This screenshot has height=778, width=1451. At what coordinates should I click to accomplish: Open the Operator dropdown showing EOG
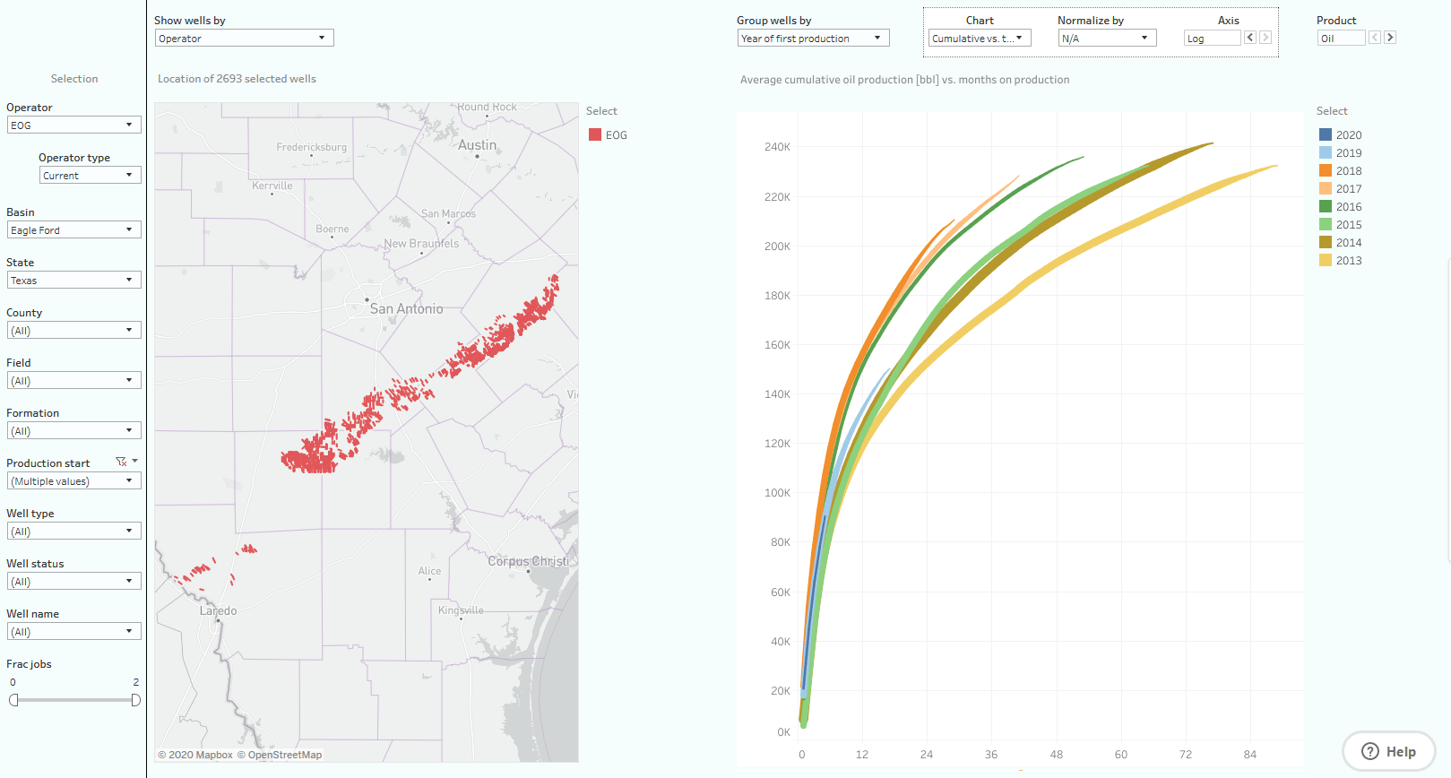tap(73, 125)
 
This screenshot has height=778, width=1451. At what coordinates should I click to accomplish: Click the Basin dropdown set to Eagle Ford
tap(73, 230)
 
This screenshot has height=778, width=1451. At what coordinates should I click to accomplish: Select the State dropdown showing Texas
tap(73, 281)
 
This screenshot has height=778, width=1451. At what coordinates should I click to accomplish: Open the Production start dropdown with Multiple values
tap(73, 481)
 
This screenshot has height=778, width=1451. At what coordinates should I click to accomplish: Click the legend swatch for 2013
tap(1325, 261)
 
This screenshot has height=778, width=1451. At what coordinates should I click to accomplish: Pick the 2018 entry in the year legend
tap(1348, 171)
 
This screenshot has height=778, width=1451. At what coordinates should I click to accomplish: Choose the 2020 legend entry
tap(1348, 135)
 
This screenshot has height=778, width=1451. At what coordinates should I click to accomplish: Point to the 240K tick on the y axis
tap(777, 147)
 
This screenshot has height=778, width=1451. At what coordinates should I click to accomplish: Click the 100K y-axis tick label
tap(777, 493)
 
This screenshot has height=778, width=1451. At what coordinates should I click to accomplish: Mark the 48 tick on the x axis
tap(1057, 755)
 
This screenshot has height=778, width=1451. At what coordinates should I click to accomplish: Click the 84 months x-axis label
tap(1250, 755)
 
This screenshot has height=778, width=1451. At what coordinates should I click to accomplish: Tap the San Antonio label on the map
tap(406, 309)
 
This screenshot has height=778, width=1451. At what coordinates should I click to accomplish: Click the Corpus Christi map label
tap(528, 562)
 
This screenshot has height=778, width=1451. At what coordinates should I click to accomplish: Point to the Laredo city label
tap(219, 611)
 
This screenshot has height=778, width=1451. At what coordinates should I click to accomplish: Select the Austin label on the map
tap(477, 145)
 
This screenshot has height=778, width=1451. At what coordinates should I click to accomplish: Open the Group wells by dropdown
tap(813, 39)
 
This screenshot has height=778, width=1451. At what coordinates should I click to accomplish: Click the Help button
tap(1388, 752)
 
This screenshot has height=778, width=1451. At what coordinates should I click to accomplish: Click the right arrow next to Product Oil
tap(1390, 38)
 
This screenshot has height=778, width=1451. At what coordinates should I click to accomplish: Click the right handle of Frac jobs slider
tap(135, 700)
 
